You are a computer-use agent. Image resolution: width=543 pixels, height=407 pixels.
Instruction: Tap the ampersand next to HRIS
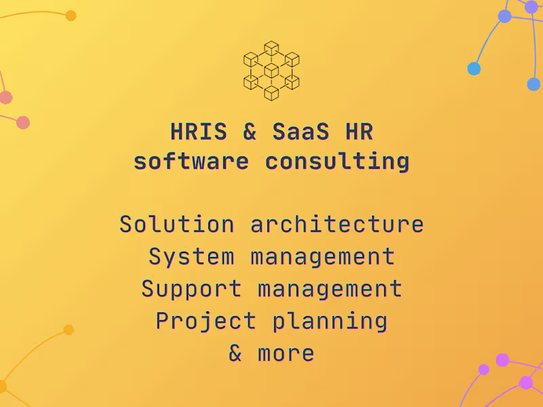coord(250,132)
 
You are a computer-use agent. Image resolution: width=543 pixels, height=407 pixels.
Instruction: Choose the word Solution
coord(177,224)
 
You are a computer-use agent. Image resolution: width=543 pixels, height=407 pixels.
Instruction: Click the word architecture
coord(337,224)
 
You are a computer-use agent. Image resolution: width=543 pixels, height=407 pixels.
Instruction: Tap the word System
coord(191,256)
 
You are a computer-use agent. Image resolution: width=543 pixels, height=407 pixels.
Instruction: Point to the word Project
coord(206,321)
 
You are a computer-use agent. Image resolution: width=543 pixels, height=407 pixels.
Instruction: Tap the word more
coord(286,353)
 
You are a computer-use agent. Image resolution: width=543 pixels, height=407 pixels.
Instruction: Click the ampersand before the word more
coord(236,353)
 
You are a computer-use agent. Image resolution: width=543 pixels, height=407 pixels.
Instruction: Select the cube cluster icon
coord(271,71)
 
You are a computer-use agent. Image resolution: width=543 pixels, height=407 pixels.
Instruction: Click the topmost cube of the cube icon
coord(271,48)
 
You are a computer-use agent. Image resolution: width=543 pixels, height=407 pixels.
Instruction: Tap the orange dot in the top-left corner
coord(71,16)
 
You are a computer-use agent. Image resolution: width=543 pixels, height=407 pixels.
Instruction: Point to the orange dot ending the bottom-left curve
coord(69,330)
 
